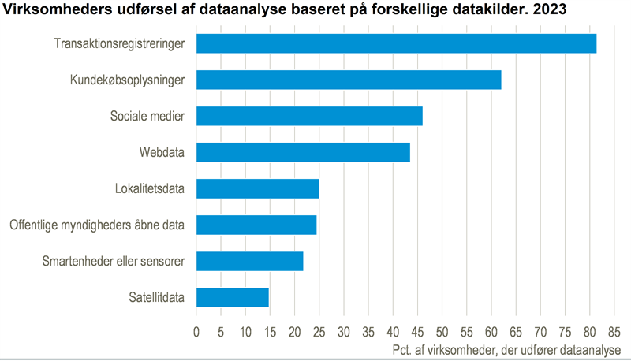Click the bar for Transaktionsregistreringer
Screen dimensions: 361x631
pos(396,43)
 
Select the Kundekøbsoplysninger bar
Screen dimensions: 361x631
pos(349,80)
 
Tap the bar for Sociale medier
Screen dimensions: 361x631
pos(309,116)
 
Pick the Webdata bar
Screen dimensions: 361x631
pos(303,152)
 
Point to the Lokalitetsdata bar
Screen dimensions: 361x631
pos(257,188)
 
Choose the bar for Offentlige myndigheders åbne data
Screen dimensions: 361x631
pos(256,225)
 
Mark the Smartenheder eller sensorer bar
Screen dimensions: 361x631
pos(249,261)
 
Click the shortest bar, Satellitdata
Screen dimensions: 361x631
pos(232,297)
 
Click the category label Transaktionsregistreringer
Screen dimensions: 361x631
pos(120,43)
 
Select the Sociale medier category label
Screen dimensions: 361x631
pos(147,116)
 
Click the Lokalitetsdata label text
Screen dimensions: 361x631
pos(150,188)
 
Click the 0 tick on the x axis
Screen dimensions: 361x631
pos(196,331)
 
